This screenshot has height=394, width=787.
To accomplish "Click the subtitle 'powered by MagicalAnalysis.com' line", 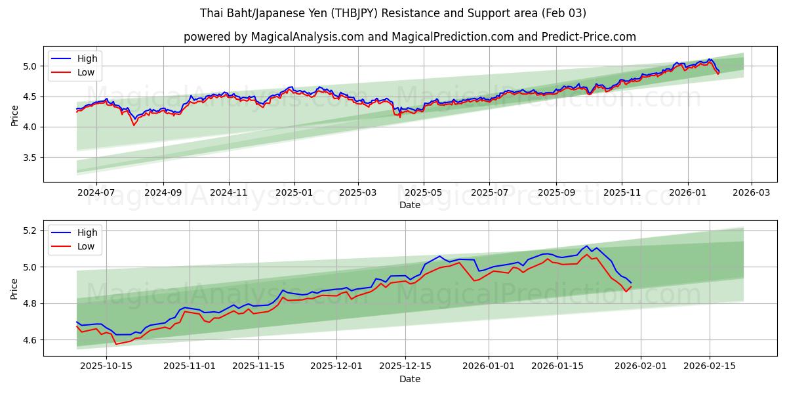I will [409, 37].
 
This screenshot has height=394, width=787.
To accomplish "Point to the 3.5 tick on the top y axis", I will [31, 158].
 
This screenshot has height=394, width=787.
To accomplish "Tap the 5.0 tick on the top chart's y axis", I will [31, 66].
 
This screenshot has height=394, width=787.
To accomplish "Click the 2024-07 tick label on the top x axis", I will [96, 192].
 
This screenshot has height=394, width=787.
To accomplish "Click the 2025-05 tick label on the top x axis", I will [423, 192].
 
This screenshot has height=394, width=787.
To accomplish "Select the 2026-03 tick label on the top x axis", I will [751, 192].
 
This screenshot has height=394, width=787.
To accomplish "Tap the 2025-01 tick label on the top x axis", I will [294, 192].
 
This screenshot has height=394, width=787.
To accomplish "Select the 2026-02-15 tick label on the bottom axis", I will [709, 366].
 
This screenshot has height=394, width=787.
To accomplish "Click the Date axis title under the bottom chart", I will [409, 379].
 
